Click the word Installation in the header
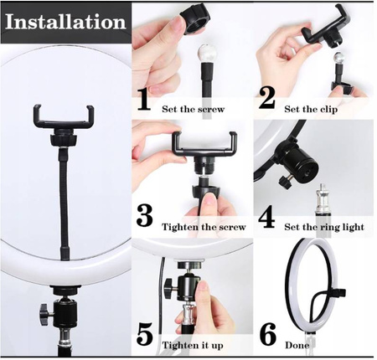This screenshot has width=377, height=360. tap(65, 22)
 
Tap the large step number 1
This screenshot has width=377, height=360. tap(144, 100)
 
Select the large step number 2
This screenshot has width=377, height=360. tap(266, 98)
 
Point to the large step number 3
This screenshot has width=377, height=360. tap(145, 216)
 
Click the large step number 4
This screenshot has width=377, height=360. tap(266, 218)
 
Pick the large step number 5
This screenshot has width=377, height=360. tap(145, 334)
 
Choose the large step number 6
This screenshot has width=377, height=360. tap(268, 334)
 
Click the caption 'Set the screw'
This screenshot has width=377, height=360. tap(194, 109)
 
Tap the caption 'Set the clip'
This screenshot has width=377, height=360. tap(311, 109)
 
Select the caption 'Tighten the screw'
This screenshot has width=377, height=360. tap(204, 227)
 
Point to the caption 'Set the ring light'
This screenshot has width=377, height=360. tap(324, 227)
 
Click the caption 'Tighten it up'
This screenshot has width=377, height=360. tap(193, 346)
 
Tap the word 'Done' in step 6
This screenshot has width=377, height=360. tap(297, 346)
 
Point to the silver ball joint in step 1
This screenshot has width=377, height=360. tap(205, 54)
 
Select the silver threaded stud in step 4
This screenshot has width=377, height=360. tap(322, 199)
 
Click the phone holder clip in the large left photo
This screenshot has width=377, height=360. tap(64, 119)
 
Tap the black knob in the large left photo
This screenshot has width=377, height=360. tap(46, 315)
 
